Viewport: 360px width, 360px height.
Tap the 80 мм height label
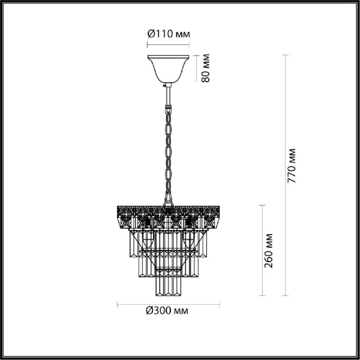point(205,69)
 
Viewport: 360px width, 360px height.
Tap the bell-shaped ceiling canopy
point(169,68)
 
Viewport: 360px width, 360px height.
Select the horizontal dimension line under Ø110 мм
point(169,44)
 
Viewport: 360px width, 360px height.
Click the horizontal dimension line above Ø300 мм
point(169,302)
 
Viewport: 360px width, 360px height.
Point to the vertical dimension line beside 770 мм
point(284,174)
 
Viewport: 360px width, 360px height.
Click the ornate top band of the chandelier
point(169,211)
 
